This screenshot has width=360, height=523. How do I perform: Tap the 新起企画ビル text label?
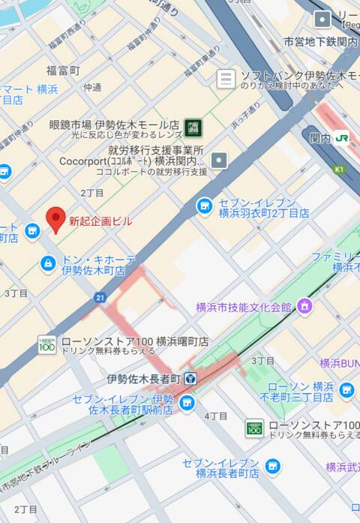click(100, 221)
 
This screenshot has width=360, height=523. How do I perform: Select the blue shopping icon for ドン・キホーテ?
click(48, 263)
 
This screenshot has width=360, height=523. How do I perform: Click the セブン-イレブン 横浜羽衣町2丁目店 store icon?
click(204, 206)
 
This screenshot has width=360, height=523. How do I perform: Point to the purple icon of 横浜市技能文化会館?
click(304, 306)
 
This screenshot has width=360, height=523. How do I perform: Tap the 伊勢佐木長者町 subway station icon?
click(190, 378)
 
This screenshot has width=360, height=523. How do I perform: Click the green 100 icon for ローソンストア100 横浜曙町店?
click(47, 344)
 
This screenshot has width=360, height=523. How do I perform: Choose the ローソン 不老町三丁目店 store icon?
click(346, 389)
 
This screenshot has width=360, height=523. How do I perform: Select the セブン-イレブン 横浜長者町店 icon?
click(272, 466)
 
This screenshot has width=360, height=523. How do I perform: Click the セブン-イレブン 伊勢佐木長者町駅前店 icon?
click(187, 404)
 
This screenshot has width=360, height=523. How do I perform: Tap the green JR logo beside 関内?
click(342, 138)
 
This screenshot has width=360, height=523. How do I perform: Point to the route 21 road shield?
click(100, 298)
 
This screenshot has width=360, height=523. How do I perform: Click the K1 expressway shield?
click(338, 170)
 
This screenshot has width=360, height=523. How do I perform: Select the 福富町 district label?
click(63, 71)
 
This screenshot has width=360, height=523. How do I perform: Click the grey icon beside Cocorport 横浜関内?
click(218, 160)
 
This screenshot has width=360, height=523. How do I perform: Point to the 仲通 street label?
click(92, 87)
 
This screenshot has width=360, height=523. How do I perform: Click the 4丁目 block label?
click(216, 416)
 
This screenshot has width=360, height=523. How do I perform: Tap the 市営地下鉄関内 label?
click(320, 42)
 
